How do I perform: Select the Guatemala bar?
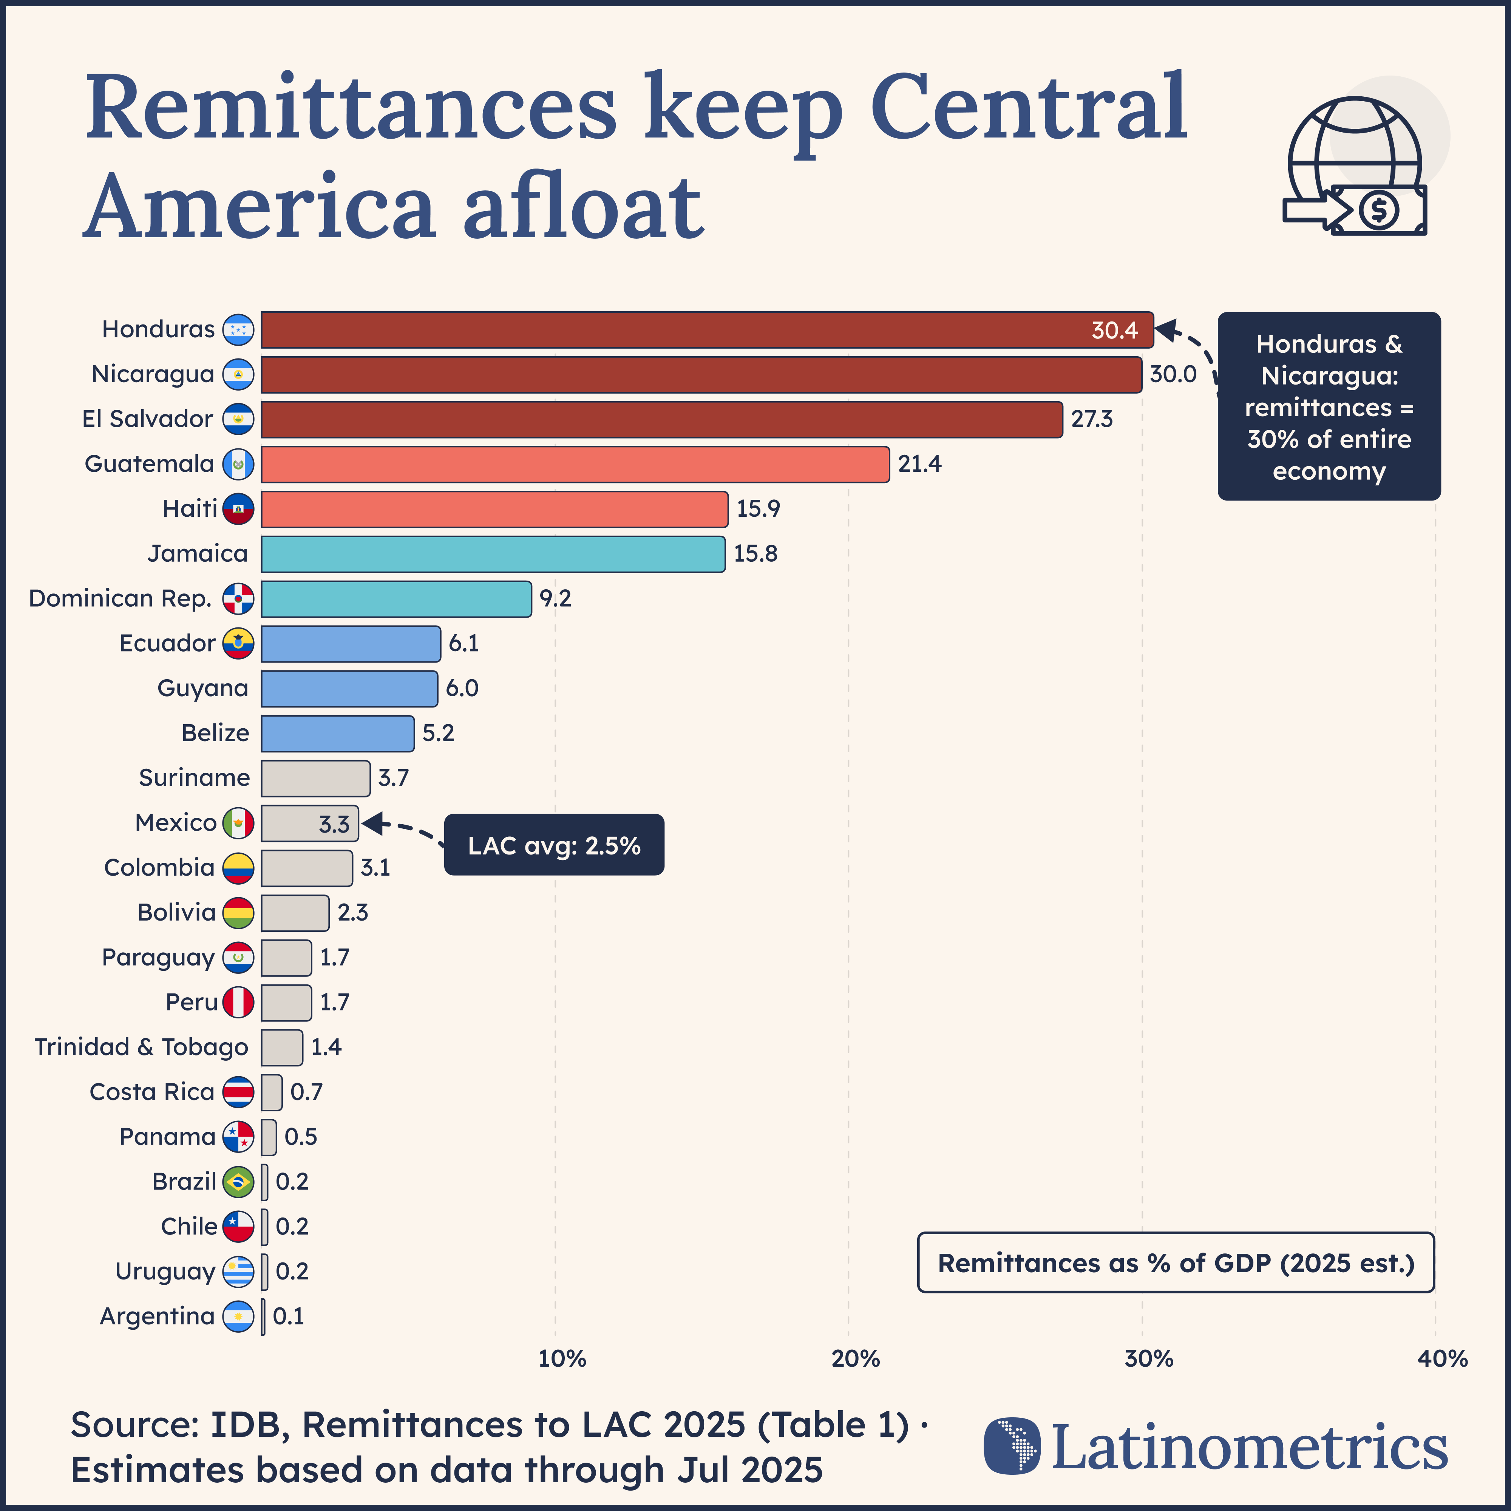coord(575,465)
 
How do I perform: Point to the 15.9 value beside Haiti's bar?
coord(758,509)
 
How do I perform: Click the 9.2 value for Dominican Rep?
coord(555,599)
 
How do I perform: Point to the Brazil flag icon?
coord(238,1182)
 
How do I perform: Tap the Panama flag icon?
coord(238,1137)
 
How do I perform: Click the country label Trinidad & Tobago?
coord(141,1047)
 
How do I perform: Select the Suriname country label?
coord(194,778)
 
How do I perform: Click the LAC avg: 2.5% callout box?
coord(554,845)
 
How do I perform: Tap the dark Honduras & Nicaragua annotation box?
coord(1329,407)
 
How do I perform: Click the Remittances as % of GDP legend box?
coord(1176,1263)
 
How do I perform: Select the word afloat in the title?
coord(582,207)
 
